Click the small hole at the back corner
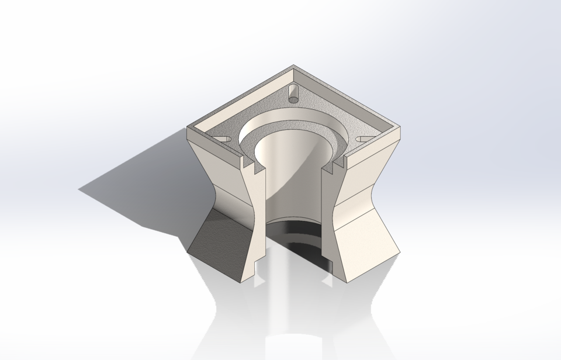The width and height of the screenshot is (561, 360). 293,92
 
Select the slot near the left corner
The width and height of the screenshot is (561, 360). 222,138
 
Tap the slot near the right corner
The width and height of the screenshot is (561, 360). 363,139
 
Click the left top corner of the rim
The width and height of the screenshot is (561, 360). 188,128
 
